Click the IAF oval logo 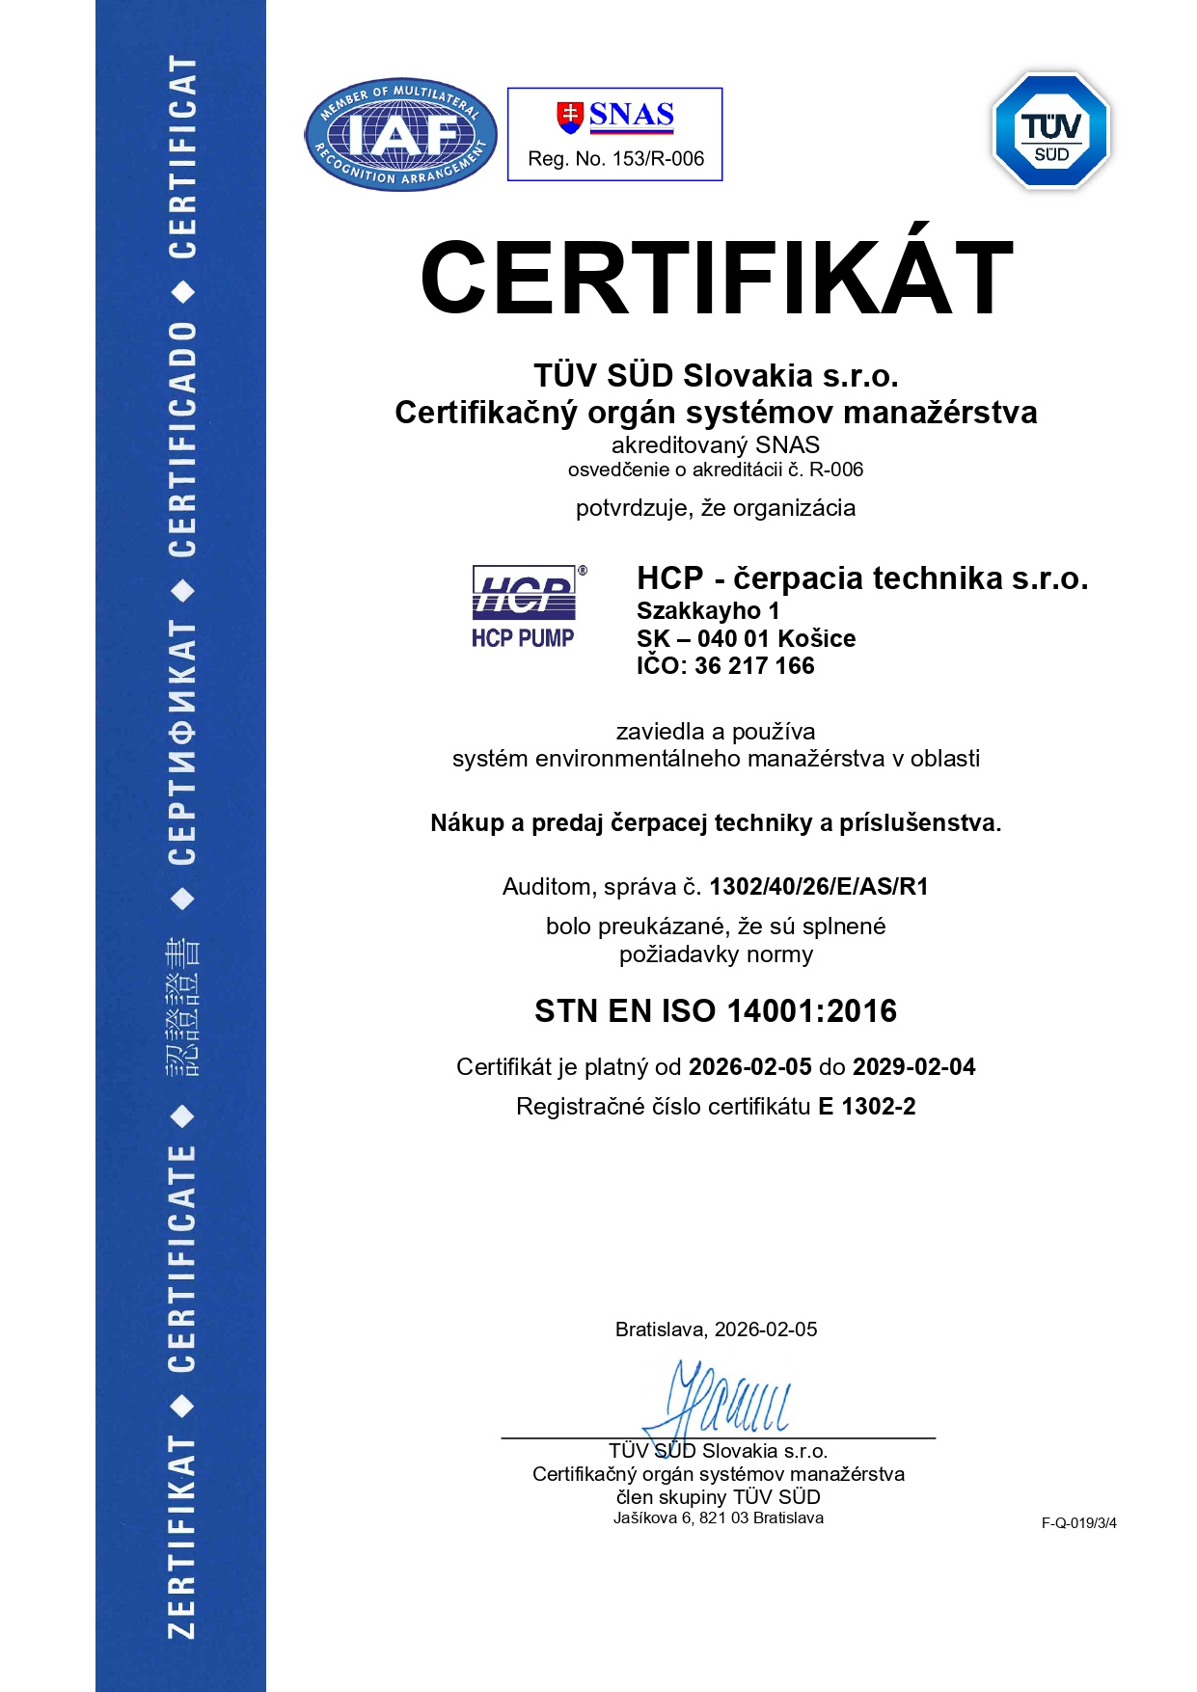tap(400, 134)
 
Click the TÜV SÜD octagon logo tap(1051, 130)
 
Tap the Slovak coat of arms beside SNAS tap(570, 116)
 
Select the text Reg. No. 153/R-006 tap(615, 159)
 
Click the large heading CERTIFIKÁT tap(716, 279)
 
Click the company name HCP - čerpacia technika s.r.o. tap(862, 578)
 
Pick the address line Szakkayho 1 tap(708, 611)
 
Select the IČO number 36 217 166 tap(754, 666)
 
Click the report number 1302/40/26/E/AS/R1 tap(819, 887)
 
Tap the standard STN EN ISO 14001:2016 tap(716, 1011)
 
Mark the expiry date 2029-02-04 tap(914, 1067)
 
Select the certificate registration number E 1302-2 tap(867, 1107)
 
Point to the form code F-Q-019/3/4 tap(1078, 1523)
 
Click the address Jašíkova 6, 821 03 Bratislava tap(719, 1518)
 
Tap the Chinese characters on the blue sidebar tap(182, 1007)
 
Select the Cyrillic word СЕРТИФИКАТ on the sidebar tap(182, 742)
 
